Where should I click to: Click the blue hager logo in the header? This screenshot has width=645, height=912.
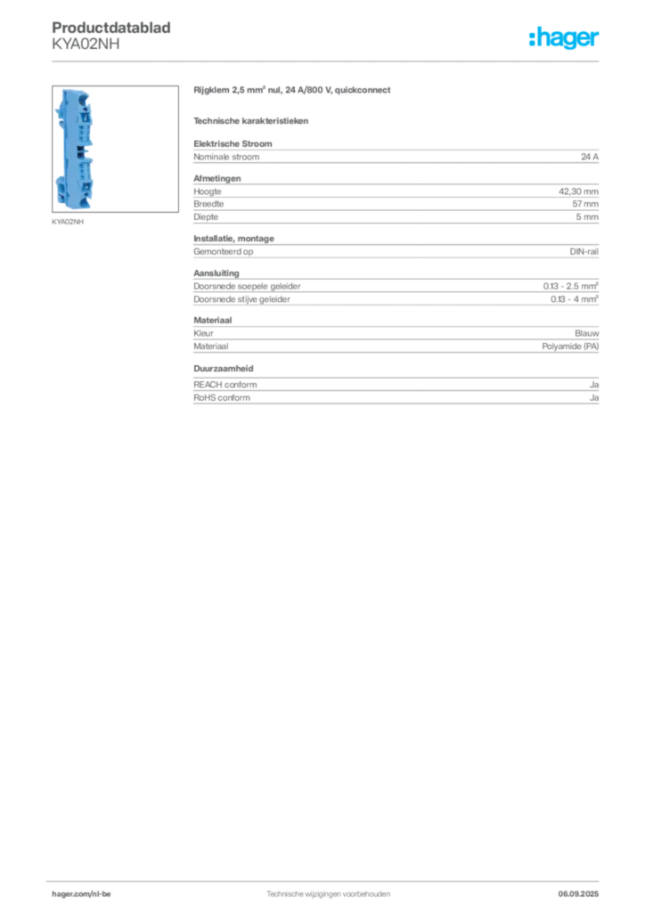tap(564, 39)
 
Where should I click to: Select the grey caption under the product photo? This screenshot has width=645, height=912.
tap(69, 222)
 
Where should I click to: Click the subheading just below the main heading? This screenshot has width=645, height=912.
tap(253, 120)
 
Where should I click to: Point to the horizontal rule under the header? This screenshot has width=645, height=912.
tap(328, 61)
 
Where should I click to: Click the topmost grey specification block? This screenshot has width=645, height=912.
tap(396, 155)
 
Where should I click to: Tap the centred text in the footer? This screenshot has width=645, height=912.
tap(328, 891)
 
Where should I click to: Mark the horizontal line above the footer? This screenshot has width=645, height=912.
tap(328, 877)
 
